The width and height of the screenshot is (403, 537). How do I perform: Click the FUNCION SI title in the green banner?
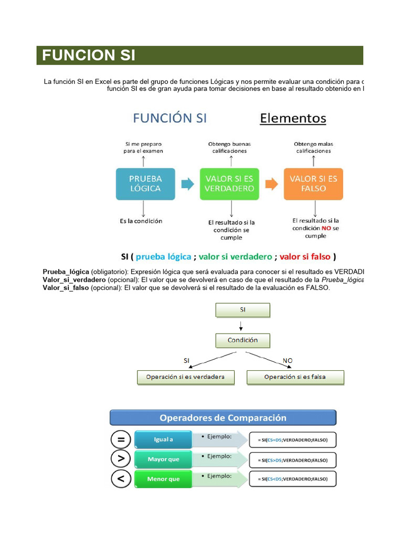click(x=89, y=55)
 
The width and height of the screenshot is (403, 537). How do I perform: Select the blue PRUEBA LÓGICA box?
click(x=145, y=184)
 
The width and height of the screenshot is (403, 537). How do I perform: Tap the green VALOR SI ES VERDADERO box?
click(x=229, y=184)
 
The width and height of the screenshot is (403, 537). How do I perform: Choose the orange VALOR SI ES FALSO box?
click(x=313, y=184)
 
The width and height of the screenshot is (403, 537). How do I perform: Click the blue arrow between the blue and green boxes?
click(x=187, y=184)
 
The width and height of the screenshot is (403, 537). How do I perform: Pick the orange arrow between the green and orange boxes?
click(x=271, y=184)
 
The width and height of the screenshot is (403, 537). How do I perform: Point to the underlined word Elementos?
click(x=293, y=119)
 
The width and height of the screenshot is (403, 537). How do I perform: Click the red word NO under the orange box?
click(x=326, y=228)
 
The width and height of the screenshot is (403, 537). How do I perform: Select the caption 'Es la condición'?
click(x=141, y=221)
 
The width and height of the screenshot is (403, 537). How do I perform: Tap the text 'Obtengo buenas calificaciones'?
click(x=229, y=147)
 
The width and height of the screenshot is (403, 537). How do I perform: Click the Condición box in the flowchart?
click(x=242, y=340)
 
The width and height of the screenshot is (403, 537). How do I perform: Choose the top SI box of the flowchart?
click(x=242, y=310)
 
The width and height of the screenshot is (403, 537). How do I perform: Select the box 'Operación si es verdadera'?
click(x=185, y=377)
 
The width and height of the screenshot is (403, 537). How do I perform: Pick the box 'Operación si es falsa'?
click(x=295, y=377)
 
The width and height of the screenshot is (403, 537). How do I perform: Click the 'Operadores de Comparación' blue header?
click(x=222, y=418)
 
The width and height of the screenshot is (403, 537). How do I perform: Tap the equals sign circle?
click(x=121, y=439)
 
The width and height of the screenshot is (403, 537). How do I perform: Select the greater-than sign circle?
click(x=121, y=459)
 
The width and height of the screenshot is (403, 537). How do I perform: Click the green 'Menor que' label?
click(x=163, y=479)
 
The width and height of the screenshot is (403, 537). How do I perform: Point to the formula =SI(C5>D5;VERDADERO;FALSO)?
click(x=292, y=460)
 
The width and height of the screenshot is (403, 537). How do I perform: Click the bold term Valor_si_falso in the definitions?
click(x=66, y=288)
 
